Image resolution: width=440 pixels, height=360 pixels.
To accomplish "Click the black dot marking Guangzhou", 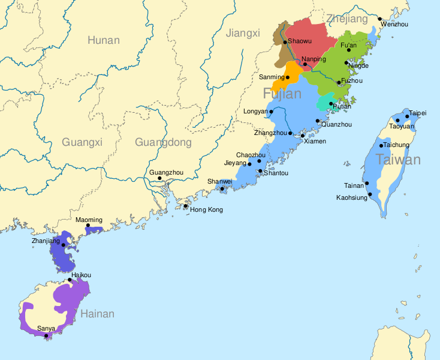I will [x=159, y=179].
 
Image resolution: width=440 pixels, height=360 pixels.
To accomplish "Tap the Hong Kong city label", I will [x=206, y=209].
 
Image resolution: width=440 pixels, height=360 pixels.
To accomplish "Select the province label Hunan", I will [x=103, y=40].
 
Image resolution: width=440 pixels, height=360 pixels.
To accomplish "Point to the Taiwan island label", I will [x=398, y=160].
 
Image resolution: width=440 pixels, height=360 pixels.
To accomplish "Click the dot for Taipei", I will [x=407, y=116].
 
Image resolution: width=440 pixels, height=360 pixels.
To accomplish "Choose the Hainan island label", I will [x=97, y=314].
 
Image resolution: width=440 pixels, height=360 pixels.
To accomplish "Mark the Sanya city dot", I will [x=46, y=335].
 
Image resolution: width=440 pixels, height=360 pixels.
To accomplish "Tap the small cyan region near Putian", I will [x=323, y=104].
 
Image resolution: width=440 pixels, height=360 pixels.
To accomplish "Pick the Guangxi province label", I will [x=82, y=142].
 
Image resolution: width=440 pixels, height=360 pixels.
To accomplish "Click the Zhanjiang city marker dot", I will [x=64, y=245].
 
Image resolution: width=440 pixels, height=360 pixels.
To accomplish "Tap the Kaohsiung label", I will [x=351, y=197].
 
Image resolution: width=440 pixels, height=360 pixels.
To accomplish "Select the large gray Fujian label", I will [x=281, y=94].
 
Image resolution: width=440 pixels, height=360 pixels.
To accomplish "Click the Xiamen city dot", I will [x=303, y=136].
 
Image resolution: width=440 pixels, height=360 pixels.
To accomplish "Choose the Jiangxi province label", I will [x=243, y=33].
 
